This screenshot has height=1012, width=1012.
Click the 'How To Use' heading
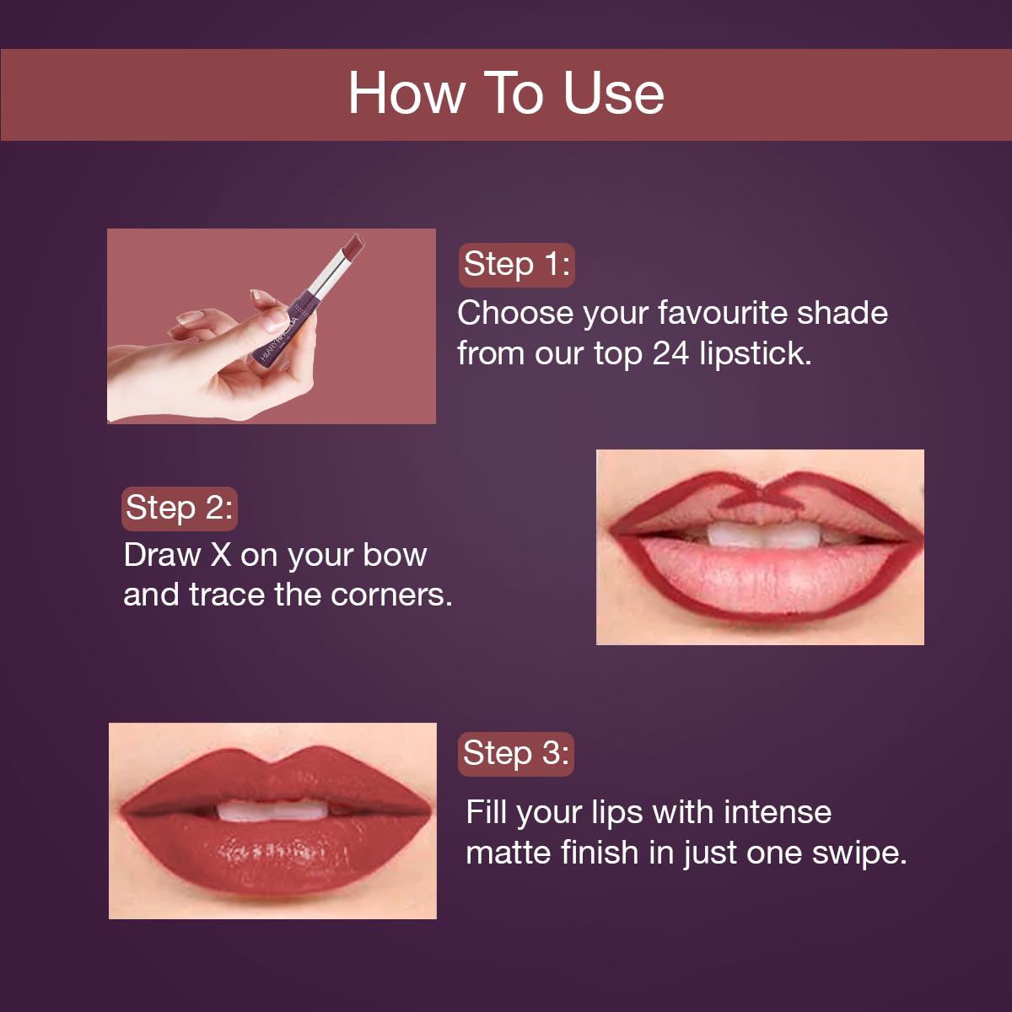pos(506,93)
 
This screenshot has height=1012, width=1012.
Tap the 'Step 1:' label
pos(516,265)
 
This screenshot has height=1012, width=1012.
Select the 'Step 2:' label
pos(178,509)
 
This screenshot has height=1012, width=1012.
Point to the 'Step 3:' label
pos(515,753)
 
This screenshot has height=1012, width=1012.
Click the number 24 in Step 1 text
pos(670,353)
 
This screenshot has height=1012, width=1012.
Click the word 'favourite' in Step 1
pos(723,313)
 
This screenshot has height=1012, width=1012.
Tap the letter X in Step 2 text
pos(220,556)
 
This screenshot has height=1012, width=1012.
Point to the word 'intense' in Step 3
pos(777,813)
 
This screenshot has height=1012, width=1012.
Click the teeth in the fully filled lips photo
pos(272,810)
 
